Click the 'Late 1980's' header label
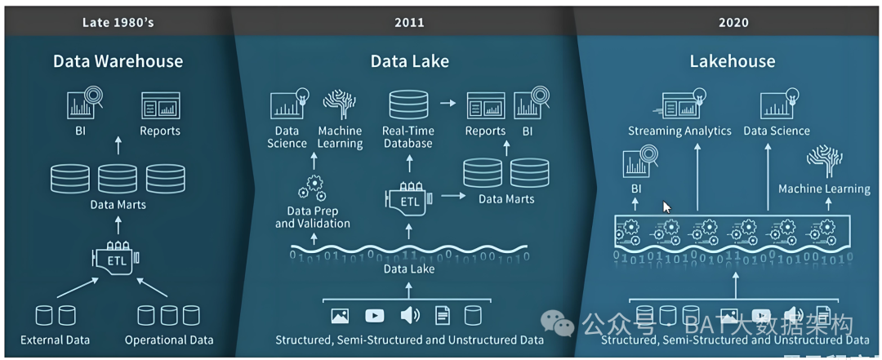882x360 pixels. click(x=118, y=22)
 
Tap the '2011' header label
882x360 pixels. click(x=409, y=22)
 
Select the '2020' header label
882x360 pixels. click(x=733, y=22)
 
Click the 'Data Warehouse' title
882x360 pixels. click(x=118, y=61)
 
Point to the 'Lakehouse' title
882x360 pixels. click(x=733, y=61)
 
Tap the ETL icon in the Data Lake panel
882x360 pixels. click(x=408, y=198)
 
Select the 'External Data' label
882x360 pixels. click(x=56, y=340)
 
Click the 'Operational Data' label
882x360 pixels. click(x=169, y=340)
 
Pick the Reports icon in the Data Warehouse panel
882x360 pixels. click(x=160, y=106)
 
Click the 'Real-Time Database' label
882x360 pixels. click(x=408, y=137)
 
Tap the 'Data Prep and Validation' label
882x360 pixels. click(x=312, y=217)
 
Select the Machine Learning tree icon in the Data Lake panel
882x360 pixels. click(x=339, y=105)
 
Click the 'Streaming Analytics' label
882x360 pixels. click(x=679, y=131)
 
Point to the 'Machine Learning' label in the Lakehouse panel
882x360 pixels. click(x=824, y=189)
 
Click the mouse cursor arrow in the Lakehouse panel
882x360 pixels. click(x=666, y=207)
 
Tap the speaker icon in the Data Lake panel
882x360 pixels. click(x=410, y=315)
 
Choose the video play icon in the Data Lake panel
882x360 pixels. click(x=375, y=315)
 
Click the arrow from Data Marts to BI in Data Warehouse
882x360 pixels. click(x=118, y=146)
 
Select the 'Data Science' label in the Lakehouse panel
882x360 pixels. click(x=776, y=131)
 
